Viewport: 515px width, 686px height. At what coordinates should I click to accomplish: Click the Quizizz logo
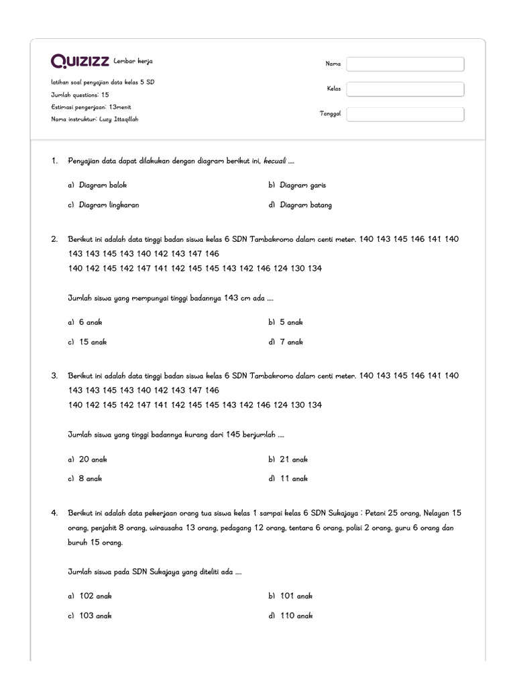(80, 62)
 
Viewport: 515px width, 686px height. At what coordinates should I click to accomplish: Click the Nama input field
(405, 64)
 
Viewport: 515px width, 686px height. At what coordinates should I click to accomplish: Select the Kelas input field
(405, 89)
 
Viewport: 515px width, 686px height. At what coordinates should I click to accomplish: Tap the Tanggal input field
(405, 114)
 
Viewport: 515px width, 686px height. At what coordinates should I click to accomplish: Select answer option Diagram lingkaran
(109, 205)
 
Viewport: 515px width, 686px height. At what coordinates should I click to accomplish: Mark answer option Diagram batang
(306, 205)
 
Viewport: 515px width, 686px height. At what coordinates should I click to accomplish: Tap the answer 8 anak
(90, 479)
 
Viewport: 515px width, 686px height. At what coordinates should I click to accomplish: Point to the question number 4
(54, 512)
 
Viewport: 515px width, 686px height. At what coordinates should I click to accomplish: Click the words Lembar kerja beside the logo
(133, 61)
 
